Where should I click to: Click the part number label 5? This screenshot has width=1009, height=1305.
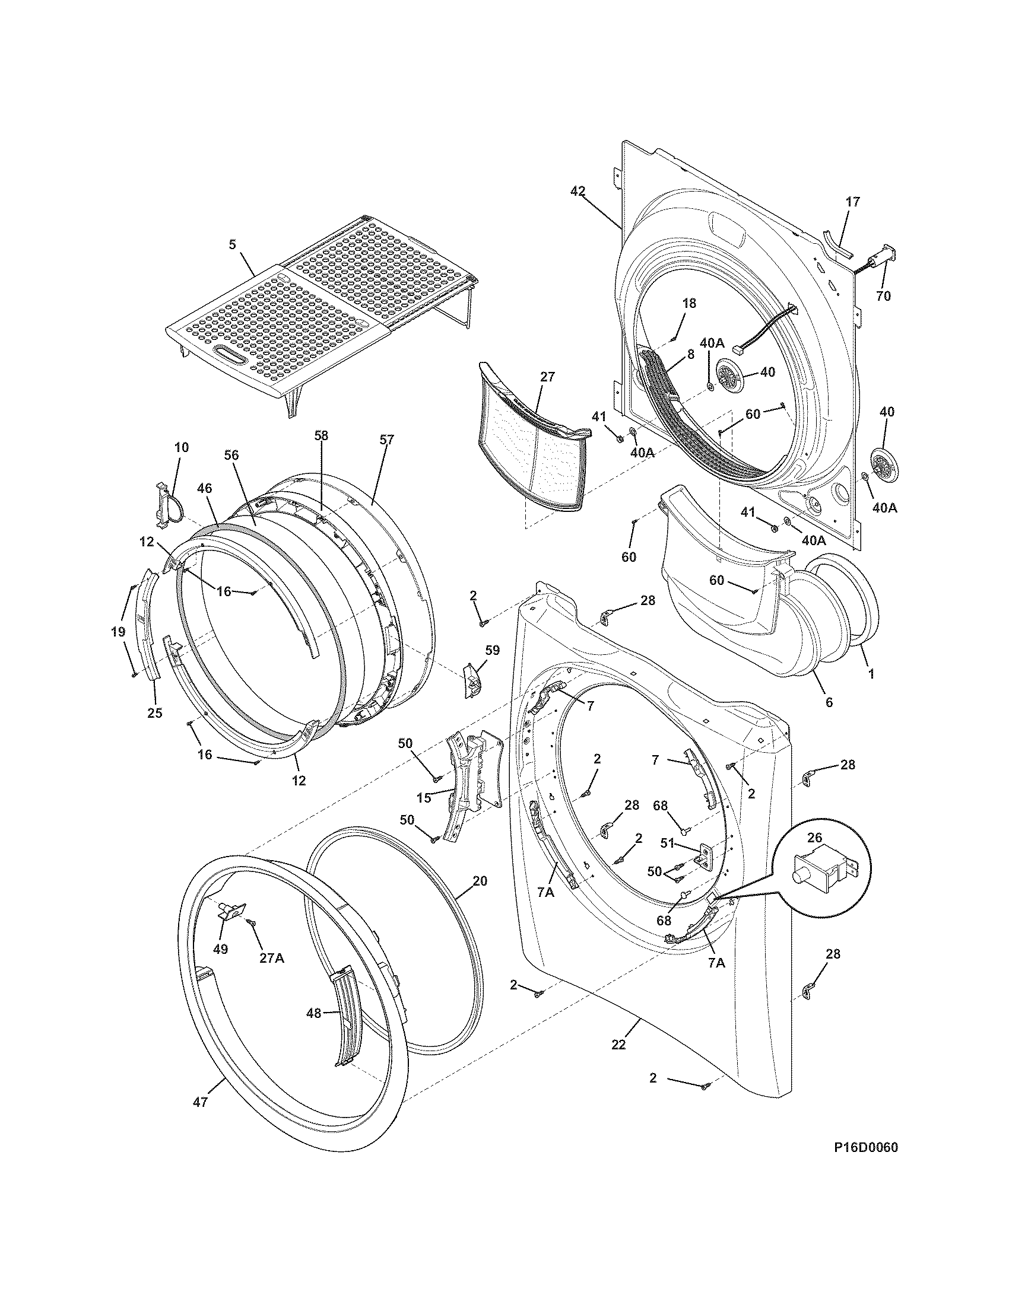(x=233, y=244)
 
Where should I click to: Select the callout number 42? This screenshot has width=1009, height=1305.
(x=578, y=191)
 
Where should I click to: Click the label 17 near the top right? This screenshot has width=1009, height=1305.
(x=853, y=202)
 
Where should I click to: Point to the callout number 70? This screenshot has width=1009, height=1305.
(x=883, y=295)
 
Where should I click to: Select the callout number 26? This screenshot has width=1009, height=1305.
(x=816, y=837)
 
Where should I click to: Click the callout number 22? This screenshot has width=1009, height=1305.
(x=618, y=1044)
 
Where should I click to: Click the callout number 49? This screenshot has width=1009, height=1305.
(x=221, y=949)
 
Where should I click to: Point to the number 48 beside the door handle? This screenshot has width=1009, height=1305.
(x=314, y=1013)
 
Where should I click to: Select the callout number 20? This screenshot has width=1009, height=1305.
(x=480, y=881)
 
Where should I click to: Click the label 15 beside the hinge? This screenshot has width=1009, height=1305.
(x=424, y=797)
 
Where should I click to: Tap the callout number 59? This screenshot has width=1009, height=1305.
(x=492, y=650)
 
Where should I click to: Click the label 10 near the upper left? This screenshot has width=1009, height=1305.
(x=181, y=447)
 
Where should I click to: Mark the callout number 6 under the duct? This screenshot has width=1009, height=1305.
(x=829, y=703)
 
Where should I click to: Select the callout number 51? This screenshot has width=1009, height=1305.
(x=668, y=844)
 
